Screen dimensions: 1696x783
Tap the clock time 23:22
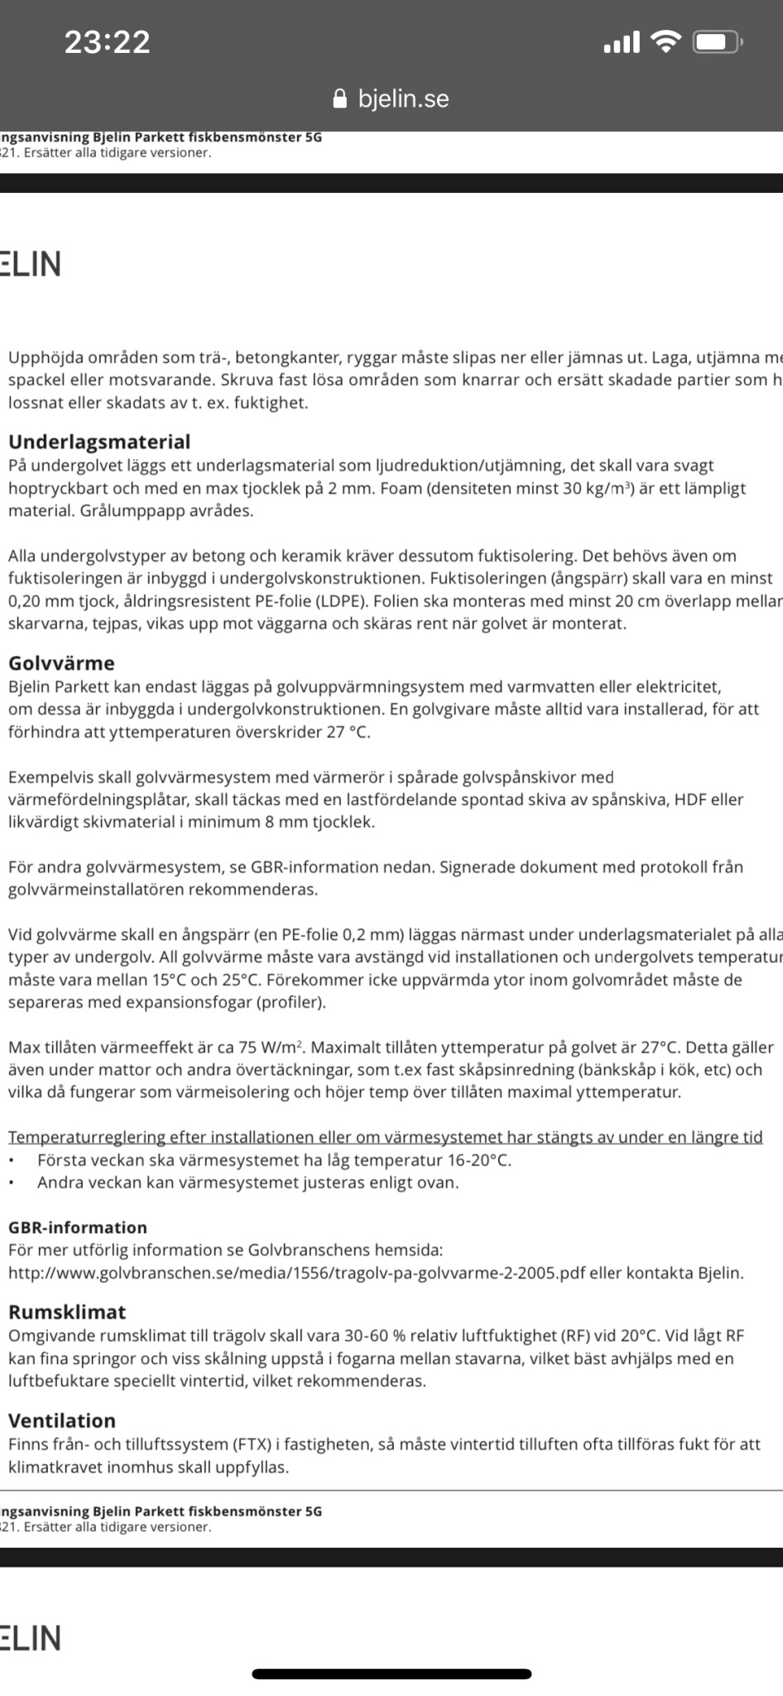point(108,42)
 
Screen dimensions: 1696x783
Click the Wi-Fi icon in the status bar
point(665,41)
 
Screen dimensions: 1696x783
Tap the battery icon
point(718,41)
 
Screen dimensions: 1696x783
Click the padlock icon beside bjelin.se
point(339,99)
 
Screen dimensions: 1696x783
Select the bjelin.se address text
point(403,99)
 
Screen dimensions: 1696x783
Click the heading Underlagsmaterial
point(99,441)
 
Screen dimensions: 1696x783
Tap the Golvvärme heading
point(61,662)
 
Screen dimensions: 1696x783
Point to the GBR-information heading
point(78,1227)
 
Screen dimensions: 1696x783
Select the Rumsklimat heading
point(67,1312)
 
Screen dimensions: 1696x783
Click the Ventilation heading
point(62,1420)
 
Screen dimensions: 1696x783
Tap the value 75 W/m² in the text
point(270,1047)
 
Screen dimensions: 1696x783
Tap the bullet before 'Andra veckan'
point(12,1183)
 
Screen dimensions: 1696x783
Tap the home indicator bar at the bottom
point(391,1674)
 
